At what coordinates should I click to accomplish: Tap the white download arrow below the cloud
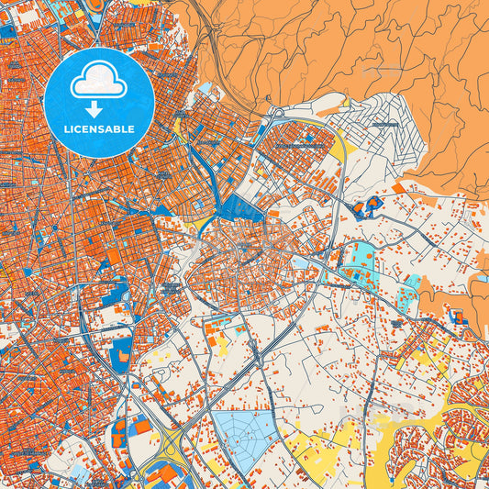[x=93, y=109]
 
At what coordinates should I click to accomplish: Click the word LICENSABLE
[x=98, y=128]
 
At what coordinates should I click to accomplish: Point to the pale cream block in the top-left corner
[x=11, y=7]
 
